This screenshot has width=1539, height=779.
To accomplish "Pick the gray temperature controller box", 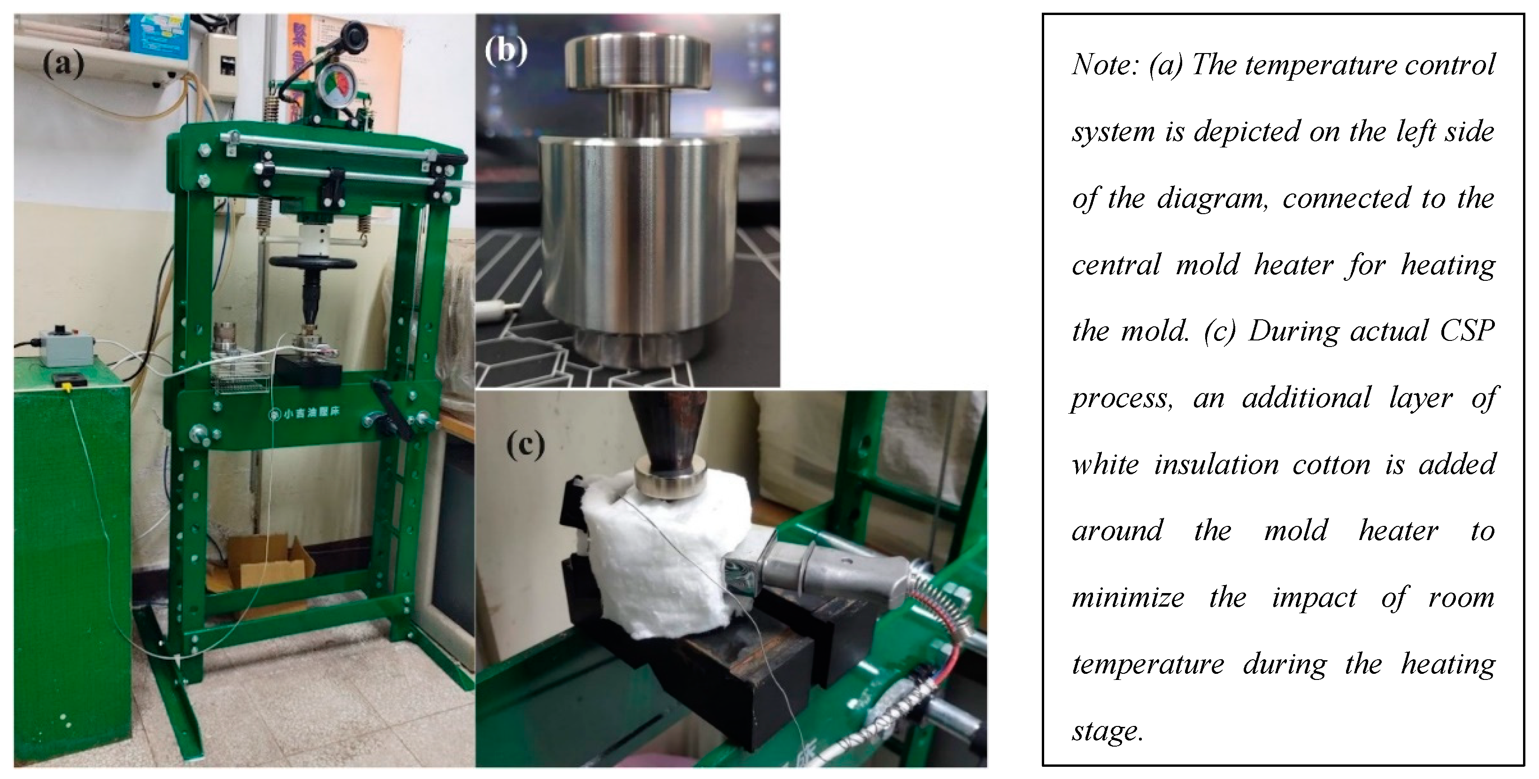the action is pyautogui.click(x=66, y=346).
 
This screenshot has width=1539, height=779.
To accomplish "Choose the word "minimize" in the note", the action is pyautogui.click(x=1128, y=597).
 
